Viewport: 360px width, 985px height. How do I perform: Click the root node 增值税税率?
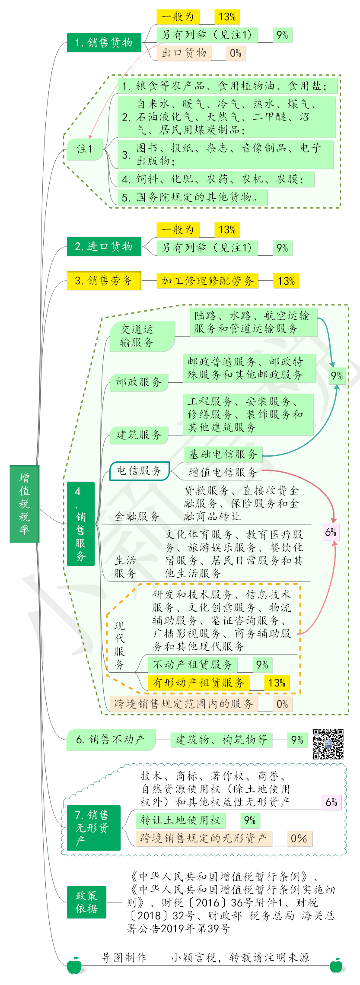point(25,504)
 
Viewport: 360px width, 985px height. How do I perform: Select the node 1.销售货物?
point(104,42)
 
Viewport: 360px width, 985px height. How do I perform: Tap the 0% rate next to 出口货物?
point(236,53)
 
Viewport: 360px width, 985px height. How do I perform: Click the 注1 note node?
point(85,149)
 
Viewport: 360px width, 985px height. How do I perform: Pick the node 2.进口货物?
point(104,246)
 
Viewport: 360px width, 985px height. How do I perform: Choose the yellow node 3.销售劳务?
point(104,280)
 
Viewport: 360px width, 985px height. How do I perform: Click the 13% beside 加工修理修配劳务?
point(286,281)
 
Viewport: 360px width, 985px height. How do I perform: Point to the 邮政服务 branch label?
point(139,382)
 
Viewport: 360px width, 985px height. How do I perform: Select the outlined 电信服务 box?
point(140,470)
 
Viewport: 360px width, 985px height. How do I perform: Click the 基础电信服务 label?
point(223,454)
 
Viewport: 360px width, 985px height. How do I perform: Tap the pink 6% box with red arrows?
point(331,532)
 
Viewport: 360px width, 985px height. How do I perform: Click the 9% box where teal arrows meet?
point(337,375)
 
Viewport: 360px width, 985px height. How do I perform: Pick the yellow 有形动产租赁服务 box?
point(198,683)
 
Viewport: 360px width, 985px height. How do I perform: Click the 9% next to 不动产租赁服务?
point(262,664)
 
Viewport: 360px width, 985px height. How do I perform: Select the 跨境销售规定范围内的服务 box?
point(184,704)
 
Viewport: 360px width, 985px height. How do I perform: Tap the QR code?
point(328,744)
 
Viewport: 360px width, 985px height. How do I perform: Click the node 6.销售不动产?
point(111,740)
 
